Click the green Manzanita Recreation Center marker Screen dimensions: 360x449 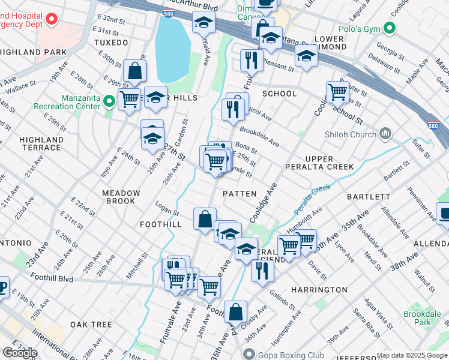click(x=109, y=100)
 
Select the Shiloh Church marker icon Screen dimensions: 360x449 click(x=387, y=134)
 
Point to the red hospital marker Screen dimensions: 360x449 click(x=52, y=18)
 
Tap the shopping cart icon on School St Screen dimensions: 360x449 click(x=338, y=91)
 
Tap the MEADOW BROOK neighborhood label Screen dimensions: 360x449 click(x=121, y=197)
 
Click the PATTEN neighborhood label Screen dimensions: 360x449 click(x=240, y=194)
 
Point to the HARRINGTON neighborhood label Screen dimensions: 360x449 click(x=319, y=289)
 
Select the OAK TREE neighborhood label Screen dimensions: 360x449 click(x=91, y=324)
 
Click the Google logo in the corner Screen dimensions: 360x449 click(x=20, y=353)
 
